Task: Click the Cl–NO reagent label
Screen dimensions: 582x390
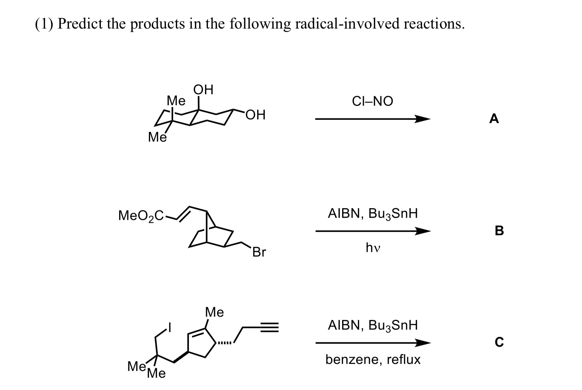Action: pos(372,101)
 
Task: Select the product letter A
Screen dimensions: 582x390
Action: pos(494,119)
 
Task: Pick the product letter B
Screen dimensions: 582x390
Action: pos(499,231)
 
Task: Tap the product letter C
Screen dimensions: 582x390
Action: pos(499,342)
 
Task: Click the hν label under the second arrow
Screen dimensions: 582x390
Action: pos(373,248)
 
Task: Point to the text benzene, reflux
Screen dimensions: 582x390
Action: pos(373,360)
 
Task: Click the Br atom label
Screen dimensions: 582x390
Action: pos(259,252)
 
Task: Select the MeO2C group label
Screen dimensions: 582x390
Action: pos(142,216)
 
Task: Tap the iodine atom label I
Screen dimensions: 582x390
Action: pos(170,326)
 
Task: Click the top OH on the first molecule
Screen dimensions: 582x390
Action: pos(203,90)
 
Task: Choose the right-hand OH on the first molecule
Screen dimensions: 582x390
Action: pos(256,115)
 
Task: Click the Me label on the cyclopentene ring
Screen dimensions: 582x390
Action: pos(215,312)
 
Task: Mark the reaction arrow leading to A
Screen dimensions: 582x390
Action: pos(372,119)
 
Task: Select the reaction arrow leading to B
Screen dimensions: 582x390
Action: pos(373,231)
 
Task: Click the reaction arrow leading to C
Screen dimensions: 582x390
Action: pos(373,343)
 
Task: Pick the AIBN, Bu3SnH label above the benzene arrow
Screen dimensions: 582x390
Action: pos(373,325)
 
